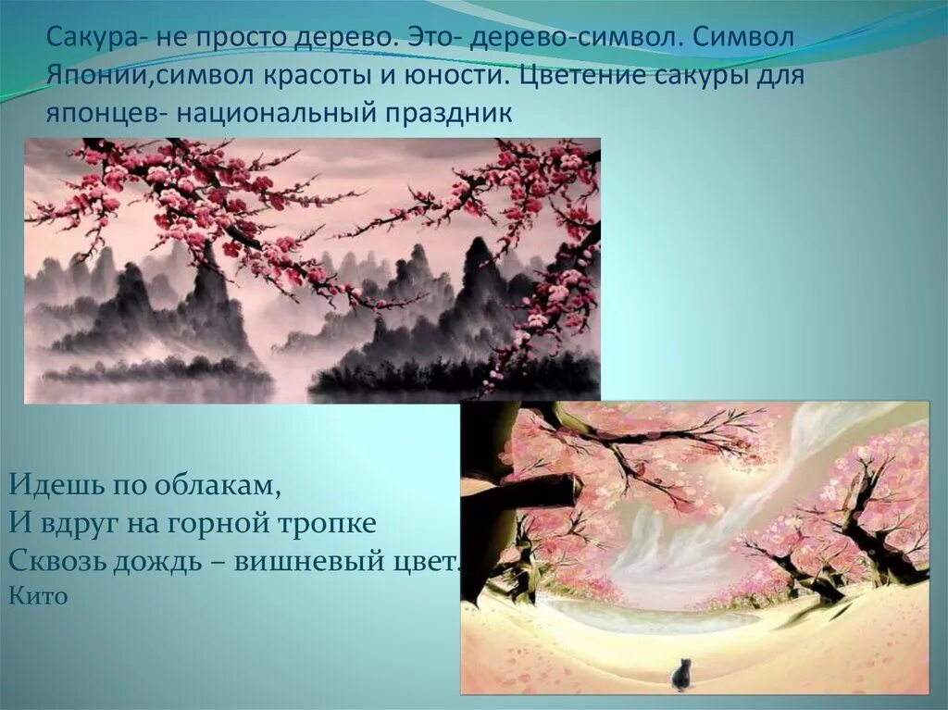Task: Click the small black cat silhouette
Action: point(680,675)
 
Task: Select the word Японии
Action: point(93,76)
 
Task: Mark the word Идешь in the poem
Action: point(45,484)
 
